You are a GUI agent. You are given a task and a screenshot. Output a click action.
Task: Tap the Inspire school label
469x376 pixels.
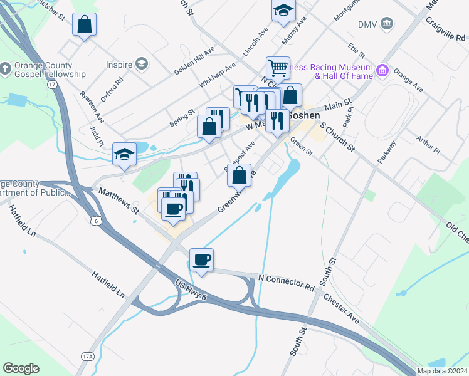tap(119, 64)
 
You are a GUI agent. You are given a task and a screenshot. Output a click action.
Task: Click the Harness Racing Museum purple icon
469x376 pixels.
tap(381, 68)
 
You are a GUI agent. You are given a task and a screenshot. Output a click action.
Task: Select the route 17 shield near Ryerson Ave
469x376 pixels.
tap(52, 83)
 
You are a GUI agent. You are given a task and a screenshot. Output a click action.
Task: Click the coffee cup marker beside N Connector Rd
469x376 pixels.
tap(201, 259)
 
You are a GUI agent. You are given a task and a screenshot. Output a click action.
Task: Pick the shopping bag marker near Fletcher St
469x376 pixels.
tap(84, 25)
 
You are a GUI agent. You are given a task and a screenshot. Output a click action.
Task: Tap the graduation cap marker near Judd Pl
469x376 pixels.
tap(124, 154)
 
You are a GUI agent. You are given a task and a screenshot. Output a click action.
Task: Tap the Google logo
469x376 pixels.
tap(21, 368)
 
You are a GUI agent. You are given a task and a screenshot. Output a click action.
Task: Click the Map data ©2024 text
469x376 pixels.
tap(442, 371)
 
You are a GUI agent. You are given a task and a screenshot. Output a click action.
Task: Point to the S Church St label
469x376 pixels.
tap(338, 137)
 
